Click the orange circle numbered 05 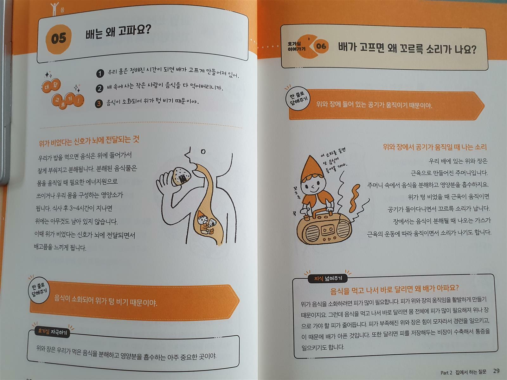[x=59, y=39]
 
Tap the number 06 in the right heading [x=321, y=46]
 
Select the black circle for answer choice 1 [x=100, y=73]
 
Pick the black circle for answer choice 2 [x=99, y=88]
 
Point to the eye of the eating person [x=203, y=152]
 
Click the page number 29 [x=496, y=371]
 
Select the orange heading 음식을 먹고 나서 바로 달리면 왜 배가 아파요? [x=395, y=289]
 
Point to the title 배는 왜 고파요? [x=118, y=32]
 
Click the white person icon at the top [x=55, y=9]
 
